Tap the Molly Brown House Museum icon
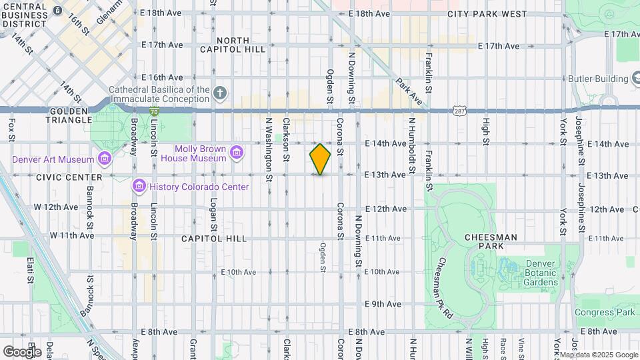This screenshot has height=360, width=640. point(236,154)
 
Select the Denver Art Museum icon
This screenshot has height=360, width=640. point(104,159)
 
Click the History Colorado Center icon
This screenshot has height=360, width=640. point(139,185)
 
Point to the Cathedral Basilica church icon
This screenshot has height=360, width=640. point(221,93)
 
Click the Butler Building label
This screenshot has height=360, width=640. point(598,79)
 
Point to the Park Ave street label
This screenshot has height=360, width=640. point(408,93)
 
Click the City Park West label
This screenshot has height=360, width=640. point(477,13)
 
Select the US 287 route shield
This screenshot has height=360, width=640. point(458,108)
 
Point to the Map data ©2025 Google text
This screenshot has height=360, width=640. point(599,355)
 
